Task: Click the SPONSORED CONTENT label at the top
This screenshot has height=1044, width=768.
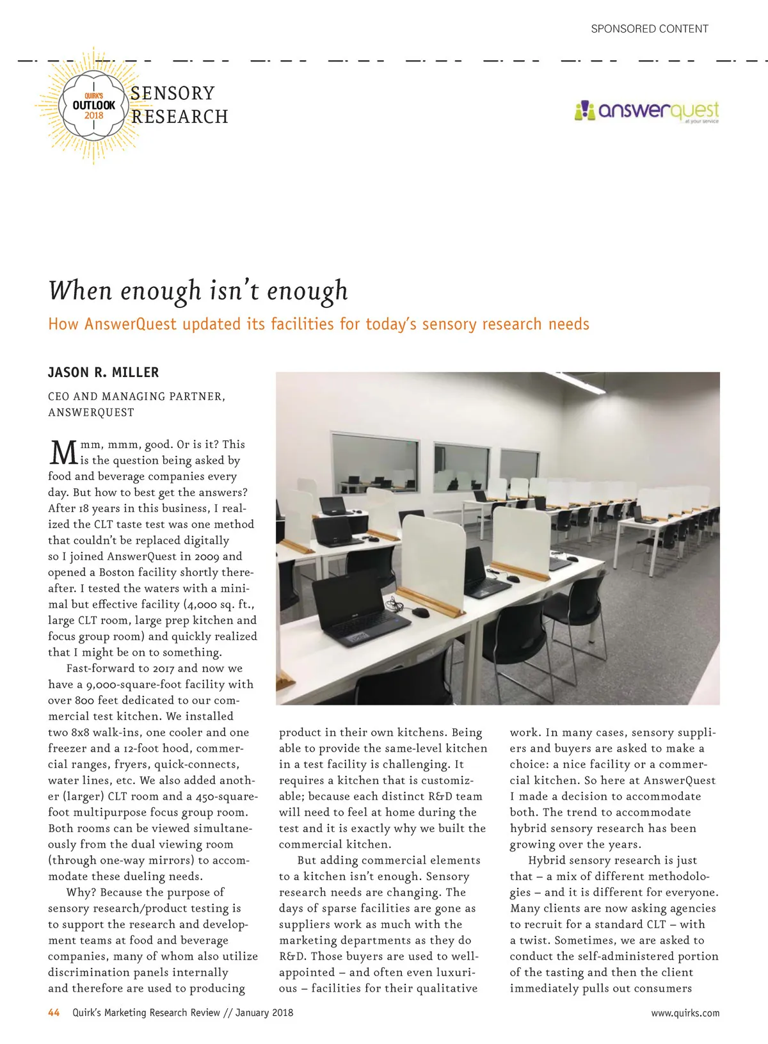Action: pyautogui.click(x=649, y=29)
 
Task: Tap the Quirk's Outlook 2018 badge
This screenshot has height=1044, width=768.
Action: pyautogui.click(x=94, y=106)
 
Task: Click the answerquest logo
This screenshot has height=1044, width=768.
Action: pyautogui.click(x=647, y=111)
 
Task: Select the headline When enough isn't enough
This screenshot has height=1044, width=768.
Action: pyautogui.click(x=198, y=290)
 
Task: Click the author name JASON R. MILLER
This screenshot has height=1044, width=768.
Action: pyautogui.click(x=104, y=373)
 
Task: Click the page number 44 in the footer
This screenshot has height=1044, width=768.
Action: pyautogui.click(x=54, y=1013)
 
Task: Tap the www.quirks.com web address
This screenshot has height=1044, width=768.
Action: pyautogui.click(x=685, y=1013)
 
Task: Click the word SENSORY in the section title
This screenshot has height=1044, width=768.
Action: pyautogui.click(x=173, y=93)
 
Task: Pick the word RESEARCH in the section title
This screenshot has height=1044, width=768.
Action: pyautogui.click(x=180, y=117)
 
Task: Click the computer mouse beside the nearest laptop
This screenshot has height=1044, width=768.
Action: pyautogui.click(x=420, y=612)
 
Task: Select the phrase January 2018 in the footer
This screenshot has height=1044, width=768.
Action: pyautogui.click(x=264, y=1013)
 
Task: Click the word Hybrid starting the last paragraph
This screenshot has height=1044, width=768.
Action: pyautogui.click(x=549, y=860)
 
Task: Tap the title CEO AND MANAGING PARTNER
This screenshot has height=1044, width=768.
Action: pyautogui.click(x=136, y=396)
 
